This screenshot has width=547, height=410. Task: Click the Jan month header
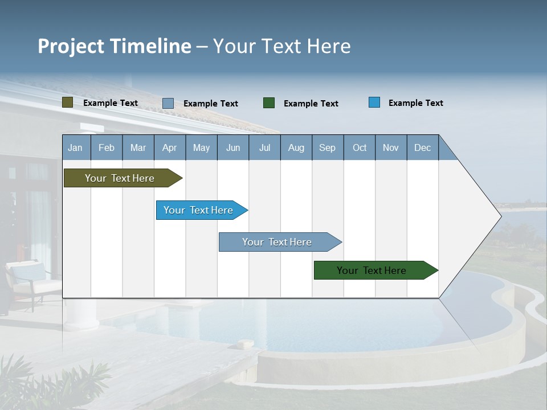(76, 147)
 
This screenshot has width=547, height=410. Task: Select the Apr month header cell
(170, 147)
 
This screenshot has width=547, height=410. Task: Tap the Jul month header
(264, 147)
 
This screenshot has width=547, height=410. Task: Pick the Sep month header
(328, 147)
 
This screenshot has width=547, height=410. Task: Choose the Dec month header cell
(422, 147)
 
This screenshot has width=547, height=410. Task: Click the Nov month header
(391, 147)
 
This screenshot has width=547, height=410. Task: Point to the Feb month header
(107, 147)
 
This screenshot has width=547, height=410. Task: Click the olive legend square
(68, 102)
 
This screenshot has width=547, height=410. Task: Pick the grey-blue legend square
(168, 103)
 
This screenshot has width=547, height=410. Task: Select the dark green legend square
(269, 103)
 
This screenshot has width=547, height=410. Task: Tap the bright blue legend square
(374, 102)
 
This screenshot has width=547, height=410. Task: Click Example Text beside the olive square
(111, 103)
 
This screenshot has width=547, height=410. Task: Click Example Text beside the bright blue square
(416, 103)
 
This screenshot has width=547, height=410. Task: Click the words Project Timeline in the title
(115, 46)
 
